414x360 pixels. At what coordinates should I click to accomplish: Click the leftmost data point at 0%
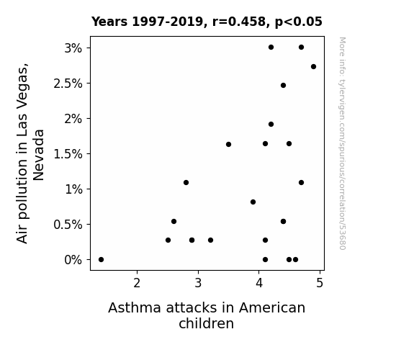[x=101, y=260]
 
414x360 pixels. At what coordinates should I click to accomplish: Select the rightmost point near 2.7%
[x=313, y=66]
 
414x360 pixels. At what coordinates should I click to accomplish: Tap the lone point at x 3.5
[x=229, y=144]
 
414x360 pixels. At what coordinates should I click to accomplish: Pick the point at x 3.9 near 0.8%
[x=253, y=202]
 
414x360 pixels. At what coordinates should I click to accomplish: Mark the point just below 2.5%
[x=283, y=85]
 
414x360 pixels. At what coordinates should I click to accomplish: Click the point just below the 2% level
[x=271, y=124]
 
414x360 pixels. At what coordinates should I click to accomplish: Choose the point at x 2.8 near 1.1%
[x=186, y=182]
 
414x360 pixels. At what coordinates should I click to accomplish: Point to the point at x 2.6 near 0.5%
[x=174, y=221]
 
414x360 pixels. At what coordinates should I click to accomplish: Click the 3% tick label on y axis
[x=73, y=48]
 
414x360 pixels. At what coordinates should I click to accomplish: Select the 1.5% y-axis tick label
[x=68, y=154]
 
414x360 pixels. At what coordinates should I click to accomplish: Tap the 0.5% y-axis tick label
[x=68, y=225]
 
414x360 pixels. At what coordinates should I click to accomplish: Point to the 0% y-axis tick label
[x=73, y=260]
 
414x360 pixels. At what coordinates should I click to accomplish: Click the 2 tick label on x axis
[x=137, y=283]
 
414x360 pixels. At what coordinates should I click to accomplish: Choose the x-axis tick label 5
[x=320, y=283]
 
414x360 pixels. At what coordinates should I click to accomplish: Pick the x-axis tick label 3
[x=198, y=283]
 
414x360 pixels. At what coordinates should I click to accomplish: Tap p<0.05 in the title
[x=299, y=22]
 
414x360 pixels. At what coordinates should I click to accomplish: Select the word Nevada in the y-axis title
[x=39, y=155]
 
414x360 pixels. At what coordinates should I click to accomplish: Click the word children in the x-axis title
[x=207, y=323]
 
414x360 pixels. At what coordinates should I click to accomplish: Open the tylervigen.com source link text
[x=342, y=143]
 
